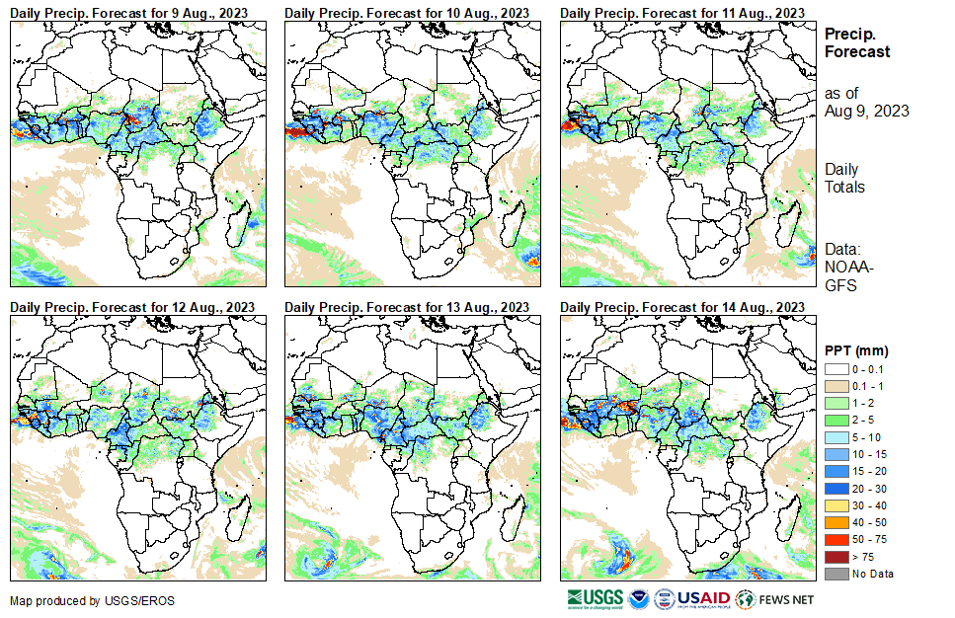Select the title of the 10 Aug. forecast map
(x=407, y=12)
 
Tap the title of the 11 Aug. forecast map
(x=682, y=12)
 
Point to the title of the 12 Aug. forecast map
(x=132, y=307)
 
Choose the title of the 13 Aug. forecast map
(x=407, y=307)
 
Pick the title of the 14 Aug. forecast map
(x=682, y=307)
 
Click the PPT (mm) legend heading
(x=856, y=350)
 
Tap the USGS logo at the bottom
(x=597, y=598)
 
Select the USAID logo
(x=704, y=598)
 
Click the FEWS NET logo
(x=777, y=598)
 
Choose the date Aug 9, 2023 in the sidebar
(x=866, y=111)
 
